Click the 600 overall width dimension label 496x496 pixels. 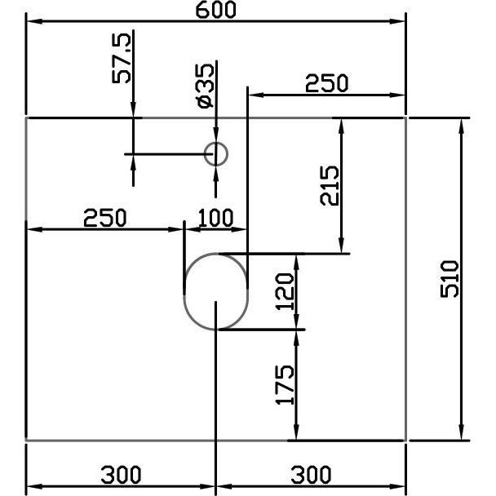[x=215, y=10]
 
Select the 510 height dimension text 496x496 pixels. [x=450, y=279]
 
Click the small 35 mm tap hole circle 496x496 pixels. [x=215, y=153]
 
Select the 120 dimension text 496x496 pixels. [x=284, y=291]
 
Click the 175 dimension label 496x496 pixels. [x=284, y=385]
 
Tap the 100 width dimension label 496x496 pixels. [x=216, y=218]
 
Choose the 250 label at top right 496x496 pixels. [x=326, y=83]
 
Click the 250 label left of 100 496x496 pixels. [x=105, y=218]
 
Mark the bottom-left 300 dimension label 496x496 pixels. [x=121, y=474]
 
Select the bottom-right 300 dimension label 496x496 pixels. [x=310, y=474]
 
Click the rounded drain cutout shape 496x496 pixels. [x=216, y=291]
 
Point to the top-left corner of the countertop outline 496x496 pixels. [x=27, y=118]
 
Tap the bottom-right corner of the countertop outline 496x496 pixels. [x=406, y=441]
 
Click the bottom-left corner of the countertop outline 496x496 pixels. [x=27, y=441]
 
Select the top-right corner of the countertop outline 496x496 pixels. [x=406, y=118]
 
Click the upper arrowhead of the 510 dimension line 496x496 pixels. [x=463, y=123]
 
